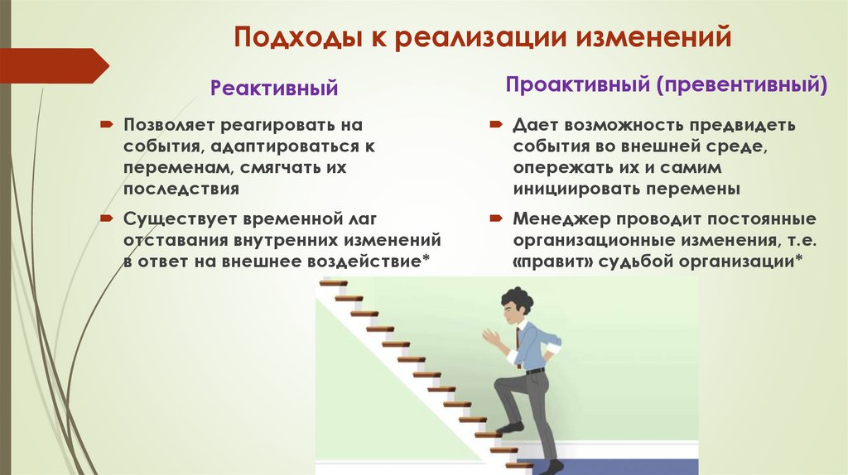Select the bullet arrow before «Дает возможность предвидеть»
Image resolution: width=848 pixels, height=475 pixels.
coord(494,125)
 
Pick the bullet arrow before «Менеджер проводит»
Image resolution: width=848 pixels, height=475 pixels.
coord(494,219)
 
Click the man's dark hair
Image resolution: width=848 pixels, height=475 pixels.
coord(518,299)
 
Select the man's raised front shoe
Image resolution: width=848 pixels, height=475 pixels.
coord(509,429)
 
